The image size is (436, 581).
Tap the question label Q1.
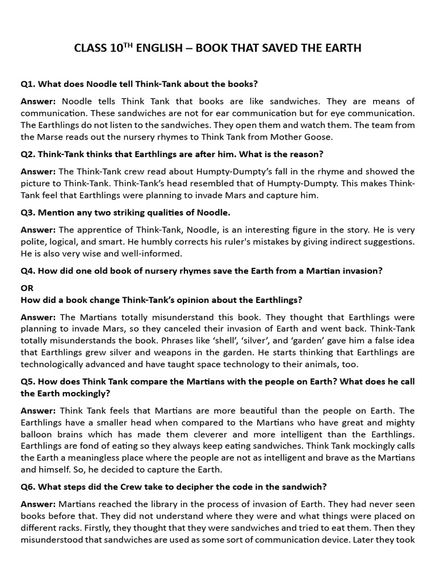point(28,84)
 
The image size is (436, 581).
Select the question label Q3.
point(28,212)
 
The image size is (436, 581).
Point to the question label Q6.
point(28,487)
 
